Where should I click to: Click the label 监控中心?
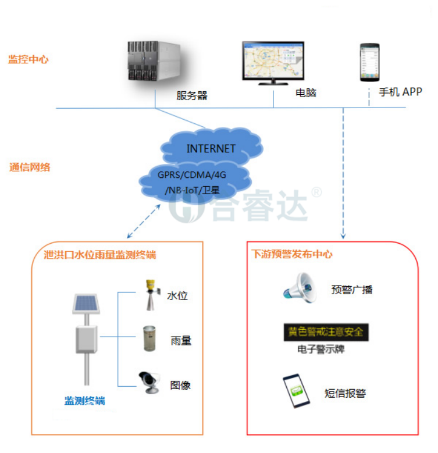28,59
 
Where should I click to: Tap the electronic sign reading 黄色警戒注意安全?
326,332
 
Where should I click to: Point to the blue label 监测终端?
84,401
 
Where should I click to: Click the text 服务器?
191,95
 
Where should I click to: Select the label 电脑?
306,92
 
